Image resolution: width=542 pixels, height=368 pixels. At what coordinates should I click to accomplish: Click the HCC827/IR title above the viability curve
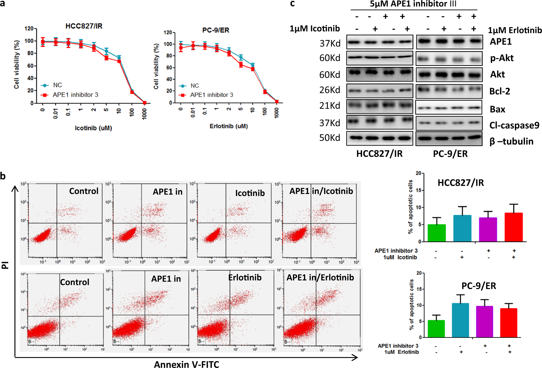point(84,26)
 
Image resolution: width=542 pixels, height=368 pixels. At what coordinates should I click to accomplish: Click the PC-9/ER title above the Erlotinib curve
point(216,30)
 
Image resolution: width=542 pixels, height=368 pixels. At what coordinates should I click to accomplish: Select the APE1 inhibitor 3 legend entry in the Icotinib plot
point(75,95)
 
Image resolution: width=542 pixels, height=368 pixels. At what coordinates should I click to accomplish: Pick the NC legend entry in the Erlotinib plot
point(195,86)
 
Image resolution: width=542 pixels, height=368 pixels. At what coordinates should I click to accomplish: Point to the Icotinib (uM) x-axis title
point(93,128)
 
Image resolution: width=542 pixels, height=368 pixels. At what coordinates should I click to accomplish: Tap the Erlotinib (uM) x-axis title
point(228,126)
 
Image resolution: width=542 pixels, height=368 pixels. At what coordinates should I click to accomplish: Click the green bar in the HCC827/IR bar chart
point(436,233)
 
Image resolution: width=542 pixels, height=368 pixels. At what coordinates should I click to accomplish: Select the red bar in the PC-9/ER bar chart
point(509,323)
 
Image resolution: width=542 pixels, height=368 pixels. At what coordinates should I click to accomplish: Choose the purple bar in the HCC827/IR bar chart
point(488,229)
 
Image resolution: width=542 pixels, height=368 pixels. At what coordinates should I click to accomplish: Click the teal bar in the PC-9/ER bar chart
point(460,320)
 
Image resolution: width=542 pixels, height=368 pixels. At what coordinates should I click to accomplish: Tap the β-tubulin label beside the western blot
point(511,141)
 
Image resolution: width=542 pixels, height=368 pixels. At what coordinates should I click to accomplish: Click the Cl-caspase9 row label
point(514,125)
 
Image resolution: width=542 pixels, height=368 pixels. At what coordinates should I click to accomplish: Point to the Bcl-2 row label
point(499,91)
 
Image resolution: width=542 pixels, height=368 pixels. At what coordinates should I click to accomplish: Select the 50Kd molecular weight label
point(330,138)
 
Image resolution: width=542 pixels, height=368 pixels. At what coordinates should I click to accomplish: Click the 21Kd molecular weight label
point(330,105)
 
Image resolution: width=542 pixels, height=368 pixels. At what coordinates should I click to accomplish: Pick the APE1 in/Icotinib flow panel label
point(321,191)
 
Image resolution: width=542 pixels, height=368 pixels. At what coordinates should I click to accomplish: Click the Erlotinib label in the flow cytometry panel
point(245,277)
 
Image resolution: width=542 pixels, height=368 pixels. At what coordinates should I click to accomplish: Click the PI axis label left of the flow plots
point(5,265)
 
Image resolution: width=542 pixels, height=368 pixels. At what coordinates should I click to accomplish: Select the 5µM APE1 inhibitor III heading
point(413,4)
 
